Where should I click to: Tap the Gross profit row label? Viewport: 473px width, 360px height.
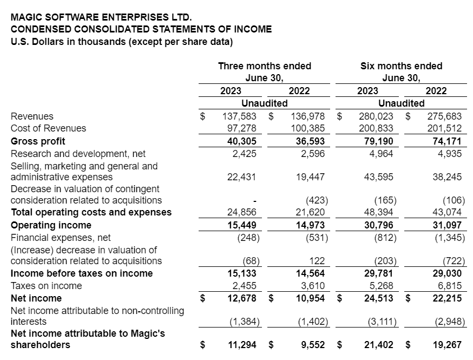[38, 141]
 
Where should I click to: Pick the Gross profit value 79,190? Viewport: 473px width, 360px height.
[378, 141]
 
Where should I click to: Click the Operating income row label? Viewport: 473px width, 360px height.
[51, 225]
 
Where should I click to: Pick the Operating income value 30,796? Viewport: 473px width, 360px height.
[378, 225]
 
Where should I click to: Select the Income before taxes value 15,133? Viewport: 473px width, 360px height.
[241, 273]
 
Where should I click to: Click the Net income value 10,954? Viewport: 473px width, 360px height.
[309, 298]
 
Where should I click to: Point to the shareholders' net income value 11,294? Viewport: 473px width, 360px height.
[241, 345]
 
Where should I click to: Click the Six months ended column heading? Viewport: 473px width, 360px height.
[401, 66]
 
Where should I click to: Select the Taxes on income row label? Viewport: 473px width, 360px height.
[47, 286]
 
